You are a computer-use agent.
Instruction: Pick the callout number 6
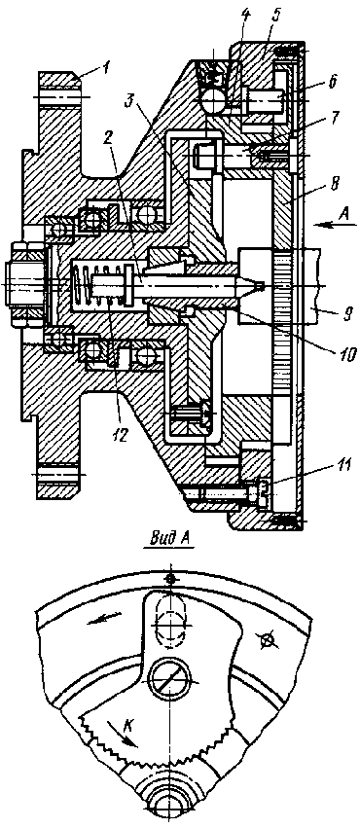coord(333,82)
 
